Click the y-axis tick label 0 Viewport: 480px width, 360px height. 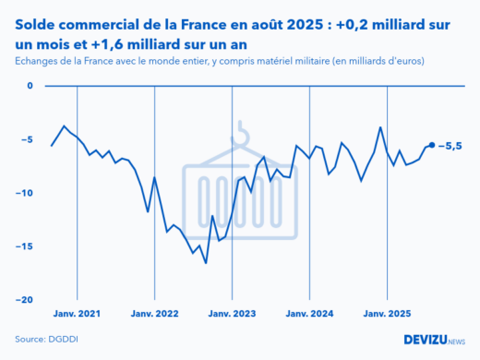(x=29, y=87)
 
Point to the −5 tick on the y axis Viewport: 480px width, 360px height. (x=27, y=140)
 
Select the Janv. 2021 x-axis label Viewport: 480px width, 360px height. (x=78, y=314)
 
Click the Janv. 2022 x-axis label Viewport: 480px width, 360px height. (x=155, y=314)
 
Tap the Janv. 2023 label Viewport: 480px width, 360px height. (x=232, y=314)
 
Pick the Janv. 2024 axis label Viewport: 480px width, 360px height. (x=309, y=314)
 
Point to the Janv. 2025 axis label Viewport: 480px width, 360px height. (x=387, y=314)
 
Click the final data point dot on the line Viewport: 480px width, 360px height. (x=432, y=145)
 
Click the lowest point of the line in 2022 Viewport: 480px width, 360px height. (x=206, y=263)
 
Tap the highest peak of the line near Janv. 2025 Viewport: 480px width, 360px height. (x=380, y=127)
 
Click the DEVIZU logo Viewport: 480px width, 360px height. (x=434, y=340)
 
